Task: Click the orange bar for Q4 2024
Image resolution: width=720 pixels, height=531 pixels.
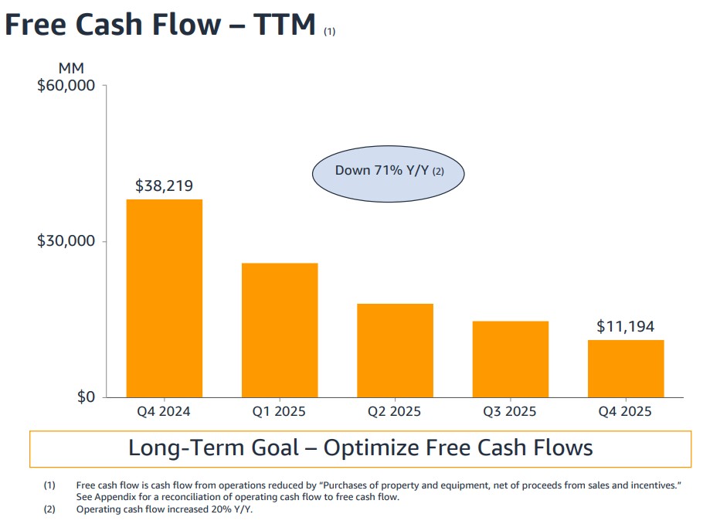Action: click(164, 298)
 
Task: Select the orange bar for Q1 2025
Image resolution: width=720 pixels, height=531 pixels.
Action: click(279, 330)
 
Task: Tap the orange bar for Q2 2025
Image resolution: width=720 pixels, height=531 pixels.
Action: click(395, 350)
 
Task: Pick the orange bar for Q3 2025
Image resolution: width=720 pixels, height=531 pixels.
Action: click(510, 359)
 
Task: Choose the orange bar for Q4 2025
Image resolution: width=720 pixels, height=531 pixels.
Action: click(625, 369)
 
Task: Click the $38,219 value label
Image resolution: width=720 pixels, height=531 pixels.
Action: click(164, 186)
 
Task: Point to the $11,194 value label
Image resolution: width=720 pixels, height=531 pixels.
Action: click(625, 327)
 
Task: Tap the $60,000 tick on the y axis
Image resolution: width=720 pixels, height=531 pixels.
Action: click(66, 85)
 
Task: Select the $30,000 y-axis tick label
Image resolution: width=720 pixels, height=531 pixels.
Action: click(66, 241)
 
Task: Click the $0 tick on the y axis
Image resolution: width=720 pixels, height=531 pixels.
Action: click(85, 397)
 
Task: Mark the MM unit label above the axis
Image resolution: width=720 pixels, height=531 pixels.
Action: click(71, 69)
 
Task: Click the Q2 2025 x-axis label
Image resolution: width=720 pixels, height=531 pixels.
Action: click(395, 411)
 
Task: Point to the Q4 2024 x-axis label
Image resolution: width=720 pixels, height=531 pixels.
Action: click(164, 411)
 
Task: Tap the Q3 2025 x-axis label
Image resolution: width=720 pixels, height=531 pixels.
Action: click(510, 411)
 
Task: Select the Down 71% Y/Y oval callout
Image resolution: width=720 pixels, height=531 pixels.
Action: click(388, 171)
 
